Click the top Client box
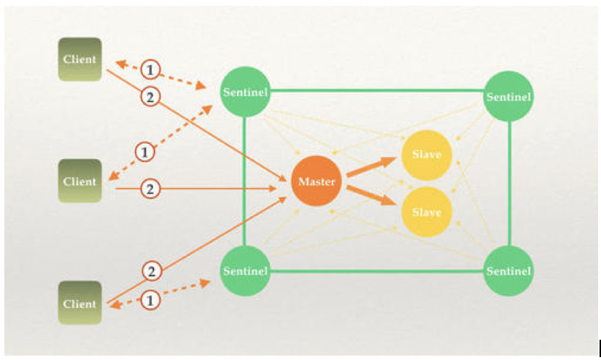pos(79,59)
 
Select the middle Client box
pos(79,181)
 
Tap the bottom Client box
pos(79,303)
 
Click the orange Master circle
pos(316,181)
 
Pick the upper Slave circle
pos(427,155)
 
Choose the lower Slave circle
pos(427,212)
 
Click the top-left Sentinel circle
pos(246,92)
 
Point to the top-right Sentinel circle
pos(509,96)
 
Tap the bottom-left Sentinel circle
pos(246,270)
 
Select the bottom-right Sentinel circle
pos(509,270)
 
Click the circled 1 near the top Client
pos(150,70)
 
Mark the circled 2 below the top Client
pos(150,97)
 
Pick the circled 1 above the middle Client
pos(145,153)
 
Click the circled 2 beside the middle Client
pos(150,189)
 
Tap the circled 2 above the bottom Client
pos(152,271)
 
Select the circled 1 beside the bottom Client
pos(150,300)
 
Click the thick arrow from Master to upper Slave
pos(371,167)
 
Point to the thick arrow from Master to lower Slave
pos(371,195)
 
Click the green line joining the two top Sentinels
pos(377,91)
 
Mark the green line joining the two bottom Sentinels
pos(377,271)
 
